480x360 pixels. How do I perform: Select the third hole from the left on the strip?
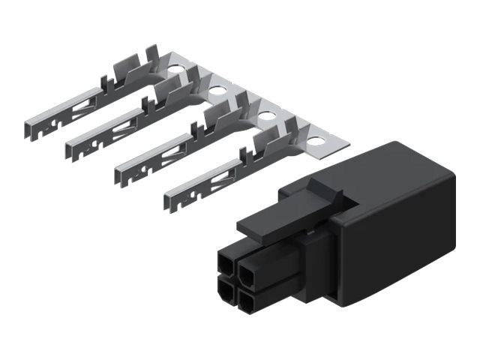pos(265,115)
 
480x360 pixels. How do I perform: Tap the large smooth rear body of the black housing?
pos(397,225)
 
